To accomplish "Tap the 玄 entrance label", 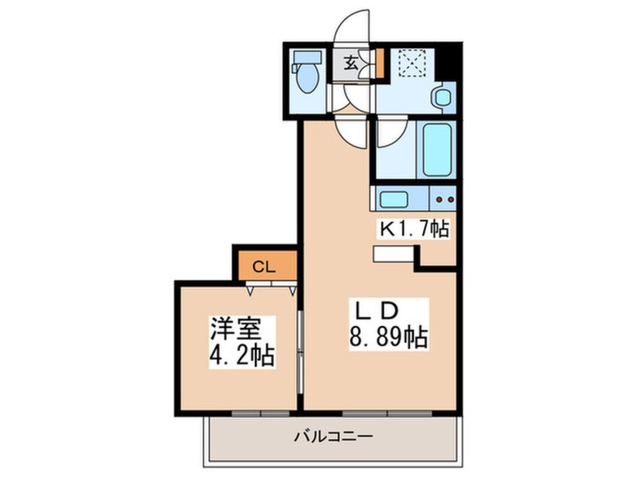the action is point(351,64).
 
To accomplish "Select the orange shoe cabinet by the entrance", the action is point(380,63).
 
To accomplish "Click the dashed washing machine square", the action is point(412,63).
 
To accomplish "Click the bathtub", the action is point(437,150).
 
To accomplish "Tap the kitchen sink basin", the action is point(393,199).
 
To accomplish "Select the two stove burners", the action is point(445,199).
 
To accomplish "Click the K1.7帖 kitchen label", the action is point(414,229).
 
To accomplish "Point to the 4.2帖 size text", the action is point(241,355).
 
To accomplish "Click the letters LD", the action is point(376,311).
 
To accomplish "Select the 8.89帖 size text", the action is point(389,336).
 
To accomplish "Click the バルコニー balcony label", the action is point(334,437).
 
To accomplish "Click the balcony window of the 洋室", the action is point(261,413).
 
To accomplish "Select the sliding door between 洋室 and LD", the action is point(300,352).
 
